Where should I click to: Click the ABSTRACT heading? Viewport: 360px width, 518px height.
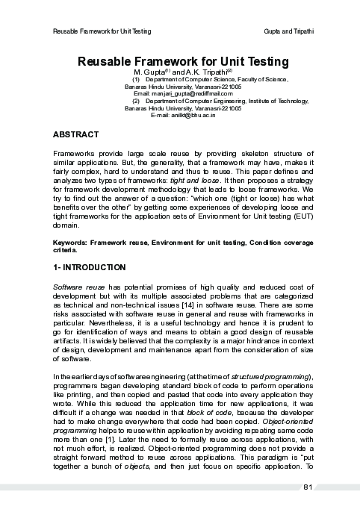click(76, 134)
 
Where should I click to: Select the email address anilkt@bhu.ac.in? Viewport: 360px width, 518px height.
click(193, 115)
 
